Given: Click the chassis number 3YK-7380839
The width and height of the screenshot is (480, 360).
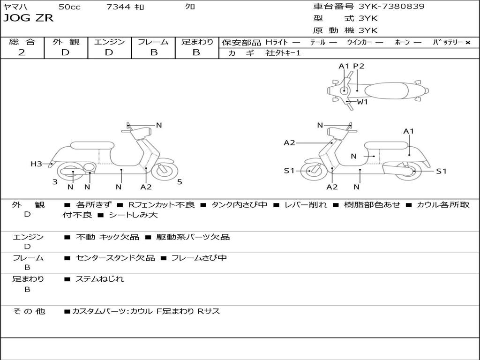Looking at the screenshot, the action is (x=391, y=7).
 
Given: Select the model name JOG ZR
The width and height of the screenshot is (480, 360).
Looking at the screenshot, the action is (x=29, y=18).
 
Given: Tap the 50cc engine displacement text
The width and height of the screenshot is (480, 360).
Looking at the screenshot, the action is (x=69, y=7).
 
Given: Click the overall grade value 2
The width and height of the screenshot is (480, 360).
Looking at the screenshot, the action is (x=22, y=52).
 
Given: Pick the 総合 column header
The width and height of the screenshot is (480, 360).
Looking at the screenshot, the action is (x=22, y=42).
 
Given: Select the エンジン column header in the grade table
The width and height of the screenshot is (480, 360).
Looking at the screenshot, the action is (x=109, y=42).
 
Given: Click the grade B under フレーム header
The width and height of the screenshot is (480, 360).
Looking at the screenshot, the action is (x=153, y=52).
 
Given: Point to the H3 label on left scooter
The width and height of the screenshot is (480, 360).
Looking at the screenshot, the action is (x=36, y=164).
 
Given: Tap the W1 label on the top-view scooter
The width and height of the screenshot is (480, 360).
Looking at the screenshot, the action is (x=362, y=102).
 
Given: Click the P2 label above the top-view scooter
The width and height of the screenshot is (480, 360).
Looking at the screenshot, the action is (x=359, y=66).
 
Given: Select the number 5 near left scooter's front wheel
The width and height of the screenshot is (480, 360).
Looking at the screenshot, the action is (x=180, y=182).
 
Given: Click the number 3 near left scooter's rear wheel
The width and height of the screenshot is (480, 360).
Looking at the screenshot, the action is (x=55, y=182).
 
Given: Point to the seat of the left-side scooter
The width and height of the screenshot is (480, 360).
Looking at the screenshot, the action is (x=92, y=145).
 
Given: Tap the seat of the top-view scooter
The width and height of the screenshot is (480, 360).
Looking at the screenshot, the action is (x=387, y=90).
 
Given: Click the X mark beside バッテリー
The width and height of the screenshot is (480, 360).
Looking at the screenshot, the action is (x=467, y=42).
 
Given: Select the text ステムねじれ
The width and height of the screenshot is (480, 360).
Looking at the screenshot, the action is (x=100, y=279).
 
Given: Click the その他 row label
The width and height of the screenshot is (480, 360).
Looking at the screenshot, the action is (x=29, y=311).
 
